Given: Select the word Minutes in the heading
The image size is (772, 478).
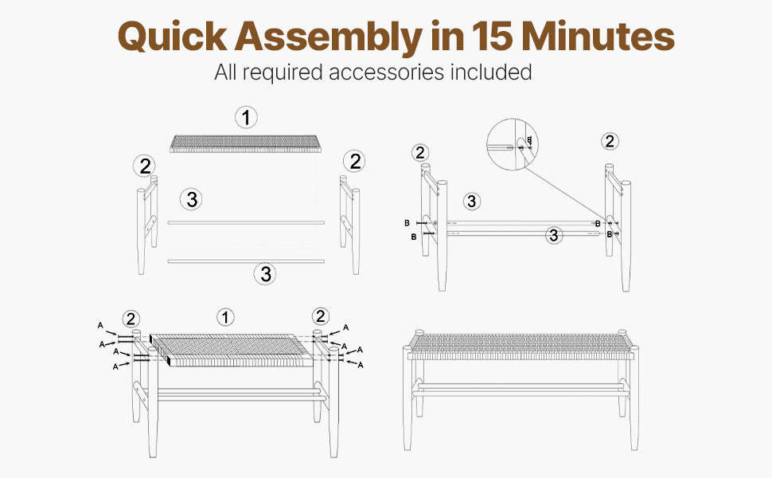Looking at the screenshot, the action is pyautogui.click(x=598, y=36).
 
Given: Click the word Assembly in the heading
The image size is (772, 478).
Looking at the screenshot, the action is pyautogui.click(x=329, y=37).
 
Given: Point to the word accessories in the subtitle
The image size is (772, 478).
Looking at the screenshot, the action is pyautogui.click(x=387, y=72).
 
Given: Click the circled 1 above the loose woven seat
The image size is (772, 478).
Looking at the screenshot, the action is pyautogui.click(x=246, y=118).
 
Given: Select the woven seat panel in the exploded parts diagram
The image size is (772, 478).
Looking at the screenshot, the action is pyautogui.click(x=246, y=143).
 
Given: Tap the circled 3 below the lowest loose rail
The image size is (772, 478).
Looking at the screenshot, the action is pyautogui.click(x=265, y=273).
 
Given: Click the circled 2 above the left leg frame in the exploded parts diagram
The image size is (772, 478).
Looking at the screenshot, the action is pyautogui.click(x=144, y=166).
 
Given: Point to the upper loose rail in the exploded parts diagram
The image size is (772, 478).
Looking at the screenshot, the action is pyautogui.click(x=246, y=223).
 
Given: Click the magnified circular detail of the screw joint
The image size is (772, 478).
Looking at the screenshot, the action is pyautogui.click(x=513, y=144).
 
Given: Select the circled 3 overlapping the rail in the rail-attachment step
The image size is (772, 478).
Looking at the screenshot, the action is pyautogui.click(x=554, y=235).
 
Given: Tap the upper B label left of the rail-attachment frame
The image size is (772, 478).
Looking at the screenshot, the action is pyautogui.click(x=407, y=223).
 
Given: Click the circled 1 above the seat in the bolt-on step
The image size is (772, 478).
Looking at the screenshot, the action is pyautogui.click(x=225, y=317).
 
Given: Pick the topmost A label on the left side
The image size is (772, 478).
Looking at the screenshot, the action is pyautogui.click(x=100, y=325).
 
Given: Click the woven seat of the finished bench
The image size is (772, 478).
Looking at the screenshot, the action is pyautogui.click(x=520, y=346).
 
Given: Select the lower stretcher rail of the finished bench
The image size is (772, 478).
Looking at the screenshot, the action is pyautogui.click(x=520, y=394).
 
